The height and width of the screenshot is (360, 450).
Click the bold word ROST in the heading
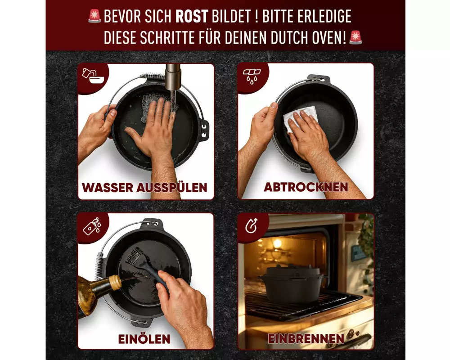[192, 16]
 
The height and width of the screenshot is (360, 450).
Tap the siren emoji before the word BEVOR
[94, 16]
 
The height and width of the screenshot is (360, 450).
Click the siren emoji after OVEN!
[355, 37]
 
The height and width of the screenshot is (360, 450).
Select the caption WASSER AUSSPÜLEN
[144, 188]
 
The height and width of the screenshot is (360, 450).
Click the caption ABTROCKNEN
[306, 187]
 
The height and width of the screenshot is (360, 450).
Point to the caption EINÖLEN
[144, 339]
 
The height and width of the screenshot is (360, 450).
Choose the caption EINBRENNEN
[306, 338]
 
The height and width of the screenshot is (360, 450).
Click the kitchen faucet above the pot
[173, 77]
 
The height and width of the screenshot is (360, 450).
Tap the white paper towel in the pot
[300, 118]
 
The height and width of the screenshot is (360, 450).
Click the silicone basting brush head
[135, 256]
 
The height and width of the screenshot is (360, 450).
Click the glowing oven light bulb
[277, 244]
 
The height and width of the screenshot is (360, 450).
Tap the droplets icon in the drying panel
[252, 76]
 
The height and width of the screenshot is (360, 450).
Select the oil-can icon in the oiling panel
[92, 226]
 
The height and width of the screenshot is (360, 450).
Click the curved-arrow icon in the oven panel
[252, 225]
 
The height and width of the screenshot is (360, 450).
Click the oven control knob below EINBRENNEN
[351, 334]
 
